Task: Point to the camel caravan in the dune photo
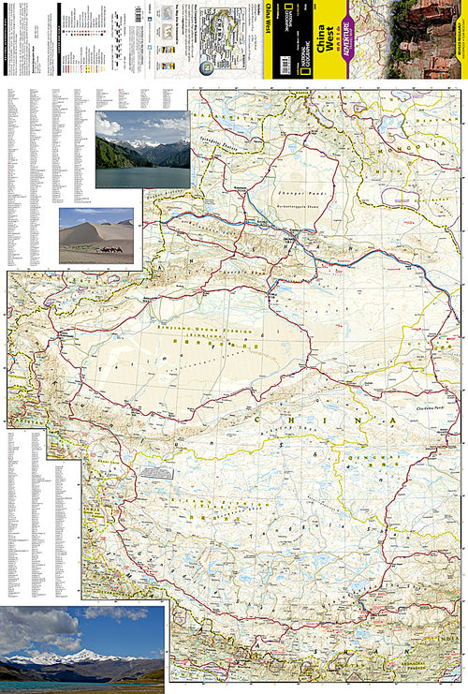[x=111, y=248]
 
